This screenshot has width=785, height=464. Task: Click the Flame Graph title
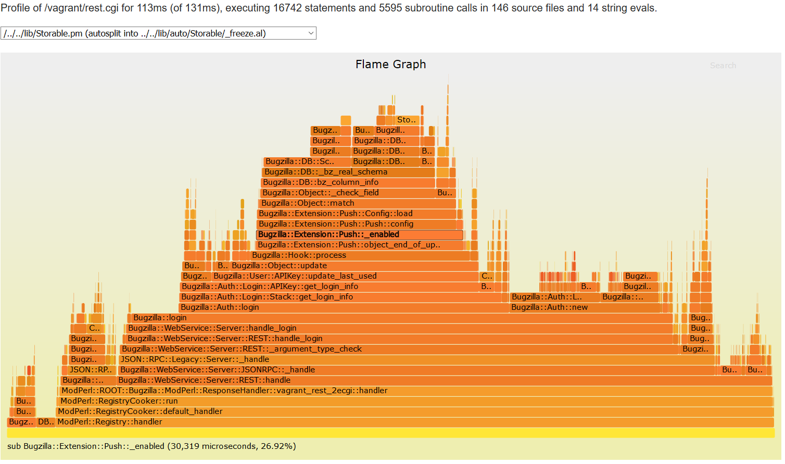coord(390,65)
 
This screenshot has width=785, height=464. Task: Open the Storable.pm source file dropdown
coord(158,33)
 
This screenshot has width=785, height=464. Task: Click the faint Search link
coord(723,66)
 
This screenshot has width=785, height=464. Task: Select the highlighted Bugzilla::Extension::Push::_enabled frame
coord(359,235)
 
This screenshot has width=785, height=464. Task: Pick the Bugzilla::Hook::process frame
coord(359,256)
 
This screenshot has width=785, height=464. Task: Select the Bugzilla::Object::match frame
coord(357,204)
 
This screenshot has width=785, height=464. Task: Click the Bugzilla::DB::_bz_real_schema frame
coord(348,172)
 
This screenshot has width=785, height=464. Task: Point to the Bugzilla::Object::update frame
coord(354,266)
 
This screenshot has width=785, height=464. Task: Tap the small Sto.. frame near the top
coord(407,120)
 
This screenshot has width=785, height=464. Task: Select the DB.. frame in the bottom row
coord(46,422)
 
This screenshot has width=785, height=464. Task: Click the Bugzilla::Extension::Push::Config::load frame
coord(357,214)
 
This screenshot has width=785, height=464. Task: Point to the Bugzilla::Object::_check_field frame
coord(348,193)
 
